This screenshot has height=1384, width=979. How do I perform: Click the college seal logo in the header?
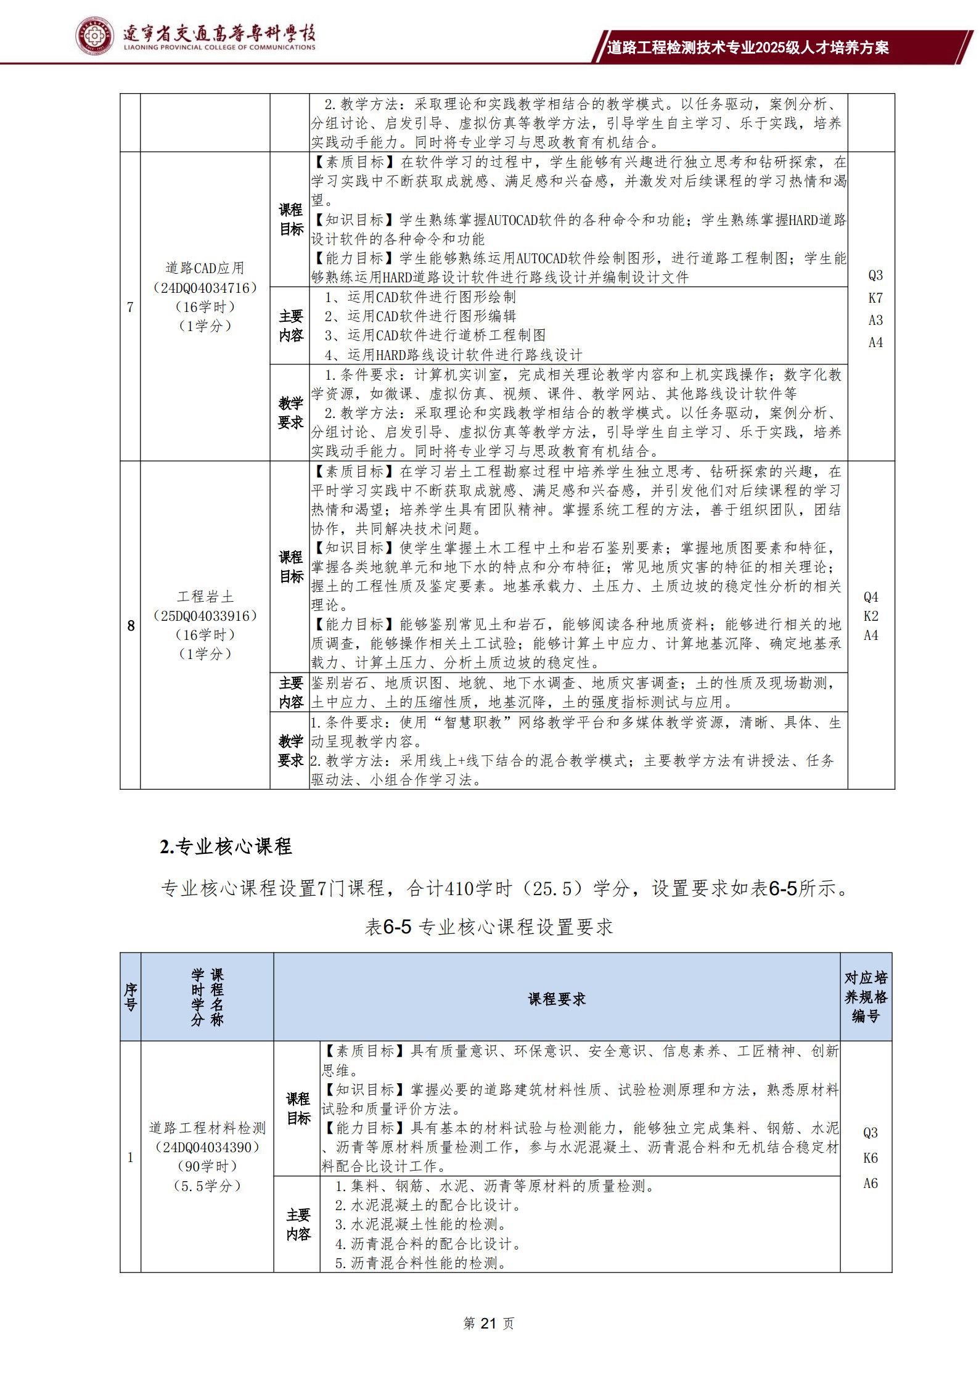click(x=94, y=36)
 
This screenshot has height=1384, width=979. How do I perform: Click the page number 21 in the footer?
click(x=488, y=1323)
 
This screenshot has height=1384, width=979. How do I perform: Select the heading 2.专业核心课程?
click(x=226, y=846)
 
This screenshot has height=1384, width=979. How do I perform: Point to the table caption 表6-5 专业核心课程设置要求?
click(x=489, y=927)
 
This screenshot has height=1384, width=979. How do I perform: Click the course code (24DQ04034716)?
click(x=205, y=287)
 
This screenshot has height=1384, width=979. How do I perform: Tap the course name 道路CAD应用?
click(x=205, y=268)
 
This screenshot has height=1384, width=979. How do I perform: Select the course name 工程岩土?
click(x=205, y=596)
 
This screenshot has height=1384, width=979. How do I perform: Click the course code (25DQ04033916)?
click(x=205, y=615)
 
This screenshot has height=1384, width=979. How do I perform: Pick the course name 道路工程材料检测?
click(x=207, y=1128)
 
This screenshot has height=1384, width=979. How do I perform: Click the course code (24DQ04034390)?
click(x=207, y=1147)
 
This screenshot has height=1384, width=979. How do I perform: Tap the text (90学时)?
click(x=207, y=1166)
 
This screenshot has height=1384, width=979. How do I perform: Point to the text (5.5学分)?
click(x=207, y=1185)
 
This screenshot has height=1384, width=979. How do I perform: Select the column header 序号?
click(x=130, y=997)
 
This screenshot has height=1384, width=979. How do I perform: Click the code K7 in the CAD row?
click(x=875, y=298)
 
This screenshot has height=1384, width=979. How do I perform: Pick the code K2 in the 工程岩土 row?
click(x=870, y=616)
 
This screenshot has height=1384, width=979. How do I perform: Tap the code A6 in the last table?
click(x=870, y=1183)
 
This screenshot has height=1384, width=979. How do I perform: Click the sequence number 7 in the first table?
click(x=130, y=307)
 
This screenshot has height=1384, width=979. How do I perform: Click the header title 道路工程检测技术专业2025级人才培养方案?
click(x=747, y=47)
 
